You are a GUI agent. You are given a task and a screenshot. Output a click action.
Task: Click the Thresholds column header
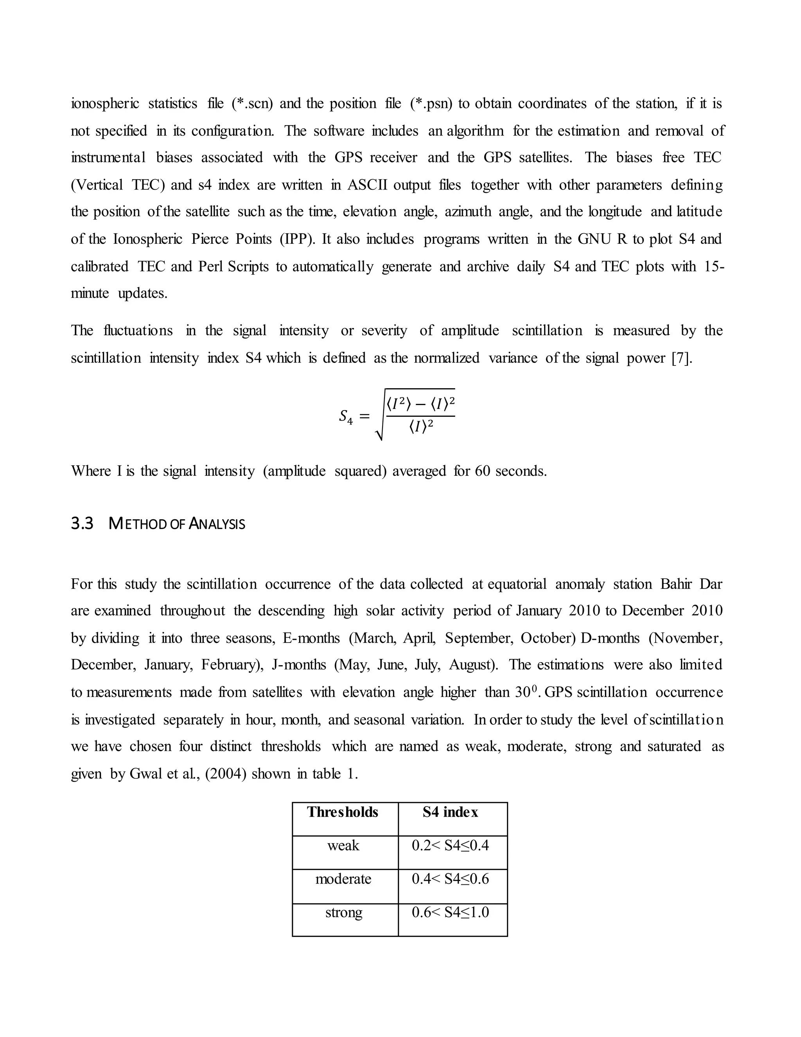[x=342, y=812]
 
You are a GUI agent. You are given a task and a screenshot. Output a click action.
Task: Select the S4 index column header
[x=450, y=812]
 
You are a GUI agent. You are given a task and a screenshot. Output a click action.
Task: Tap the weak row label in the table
[x=343, y=845]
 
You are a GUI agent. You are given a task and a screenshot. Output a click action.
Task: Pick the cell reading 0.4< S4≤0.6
[x=450, y=879]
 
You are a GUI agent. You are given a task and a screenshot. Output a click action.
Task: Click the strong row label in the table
[x=343, y=912]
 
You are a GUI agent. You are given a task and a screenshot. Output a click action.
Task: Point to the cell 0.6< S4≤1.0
[x=450, y=912]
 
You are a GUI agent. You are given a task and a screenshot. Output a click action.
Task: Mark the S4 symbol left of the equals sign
[x=345, y=416]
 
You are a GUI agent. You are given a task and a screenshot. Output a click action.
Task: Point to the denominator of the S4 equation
[x=421, y=427]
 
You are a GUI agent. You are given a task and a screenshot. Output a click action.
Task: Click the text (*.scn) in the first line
[x=252, y=104]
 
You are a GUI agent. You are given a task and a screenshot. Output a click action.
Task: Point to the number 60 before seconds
[x=482, y=471]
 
